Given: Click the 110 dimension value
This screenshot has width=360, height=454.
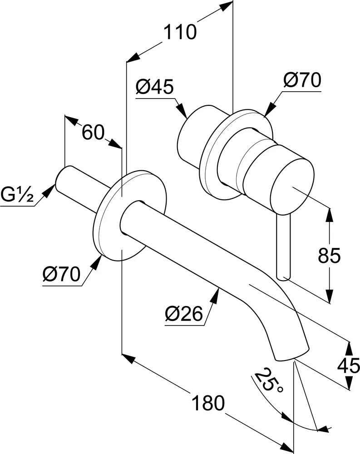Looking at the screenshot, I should pos(180,32).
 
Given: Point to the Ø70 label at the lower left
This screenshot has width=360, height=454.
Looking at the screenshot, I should pos(62,274).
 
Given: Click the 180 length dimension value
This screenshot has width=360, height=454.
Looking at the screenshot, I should pos(208,403).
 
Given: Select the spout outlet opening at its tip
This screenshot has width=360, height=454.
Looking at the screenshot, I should pos(291,355).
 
